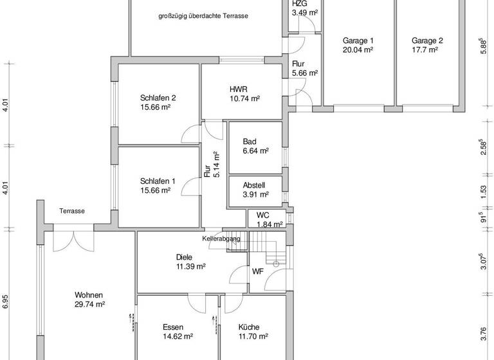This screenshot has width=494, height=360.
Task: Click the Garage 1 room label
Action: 358,40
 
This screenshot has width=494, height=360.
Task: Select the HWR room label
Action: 239,89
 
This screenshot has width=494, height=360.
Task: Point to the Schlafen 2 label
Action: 158,98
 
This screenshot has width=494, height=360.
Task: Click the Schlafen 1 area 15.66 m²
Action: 155,190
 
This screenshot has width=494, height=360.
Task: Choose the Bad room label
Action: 250,141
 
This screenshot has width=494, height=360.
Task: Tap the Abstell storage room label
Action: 254,185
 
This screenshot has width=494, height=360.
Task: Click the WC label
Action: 262,215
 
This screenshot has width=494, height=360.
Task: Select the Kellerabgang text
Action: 221,239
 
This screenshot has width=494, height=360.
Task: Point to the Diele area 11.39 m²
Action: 190,266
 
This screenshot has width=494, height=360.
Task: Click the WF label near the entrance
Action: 257,271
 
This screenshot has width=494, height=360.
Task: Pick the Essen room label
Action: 174,327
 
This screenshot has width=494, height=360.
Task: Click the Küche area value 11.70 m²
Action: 253,336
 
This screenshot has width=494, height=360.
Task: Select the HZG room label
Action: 300,3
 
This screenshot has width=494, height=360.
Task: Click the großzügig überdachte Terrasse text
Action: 203,16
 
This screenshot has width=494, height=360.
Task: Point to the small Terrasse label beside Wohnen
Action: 72,211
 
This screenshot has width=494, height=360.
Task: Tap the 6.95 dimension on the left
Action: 6,302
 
